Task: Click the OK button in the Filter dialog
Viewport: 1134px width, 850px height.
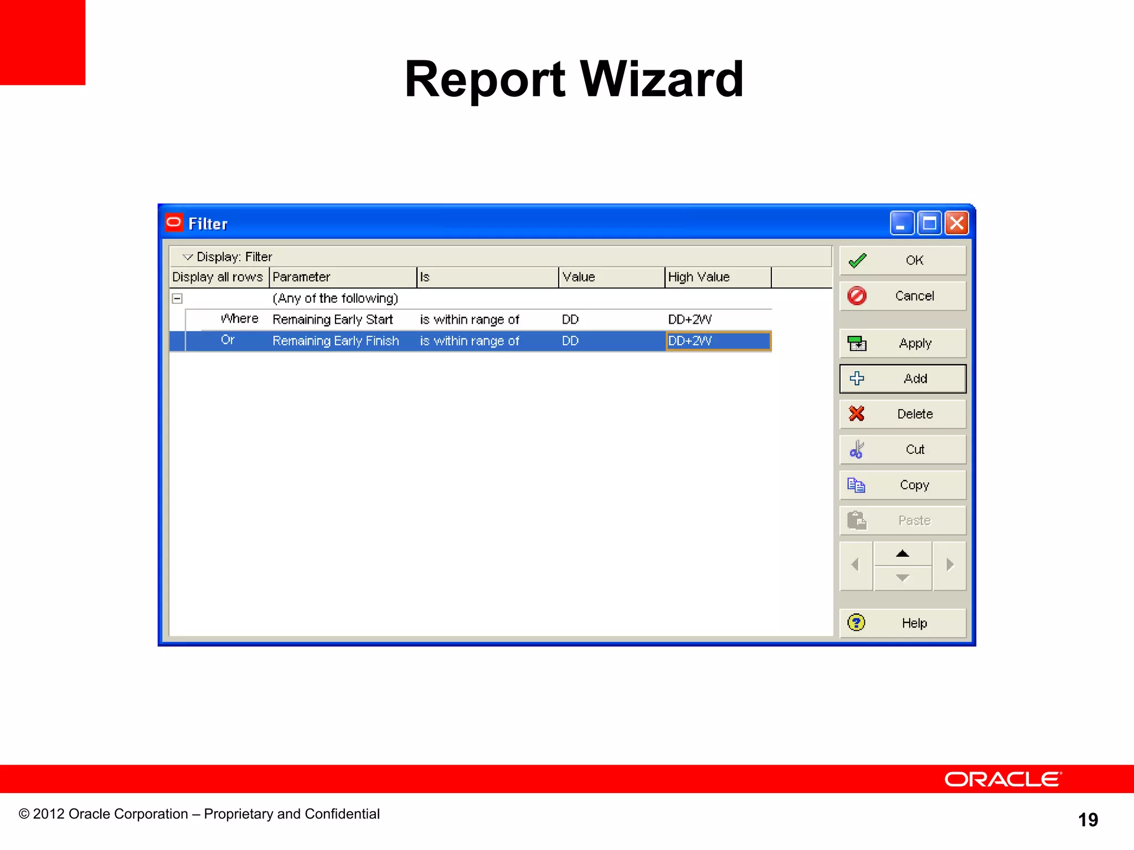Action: click(x=903, y=261)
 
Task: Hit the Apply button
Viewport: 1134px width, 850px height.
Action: click(x=903, y=344)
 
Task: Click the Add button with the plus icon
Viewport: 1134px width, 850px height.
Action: click(x=903, y=379)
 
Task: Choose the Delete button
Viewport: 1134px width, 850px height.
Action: click(x=903, y=414)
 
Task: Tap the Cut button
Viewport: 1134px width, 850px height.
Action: click(x=903, y=450)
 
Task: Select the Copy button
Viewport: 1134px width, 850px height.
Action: click(x=903, y=485)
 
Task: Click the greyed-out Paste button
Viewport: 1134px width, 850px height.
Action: click(x=903, y=521)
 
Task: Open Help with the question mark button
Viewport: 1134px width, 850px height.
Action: click(x=903, y=623)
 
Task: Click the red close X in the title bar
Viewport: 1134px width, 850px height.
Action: click(x=956, y=224)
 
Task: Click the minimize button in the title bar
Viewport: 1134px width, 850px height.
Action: click(x=902, y=224)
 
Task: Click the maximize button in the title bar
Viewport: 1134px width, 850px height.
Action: click(x=929, y=224)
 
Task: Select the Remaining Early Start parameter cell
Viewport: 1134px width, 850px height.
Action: click(x=333, y=320)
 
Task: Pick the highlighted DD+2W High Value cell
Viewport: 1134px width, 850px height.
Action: click(x=718, y=341)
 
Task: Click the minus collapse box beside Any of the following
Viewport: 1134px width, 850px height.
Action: click(x=177, y=299)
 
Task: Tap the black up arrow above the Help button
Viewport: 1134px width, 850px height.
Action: click(x=903, y=554)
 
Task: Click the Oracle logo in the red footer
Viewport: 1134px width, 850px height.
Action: click(x=1003, y=779)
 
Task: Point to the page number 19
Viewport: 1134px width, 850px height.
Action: click(x=1088, y=820)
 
